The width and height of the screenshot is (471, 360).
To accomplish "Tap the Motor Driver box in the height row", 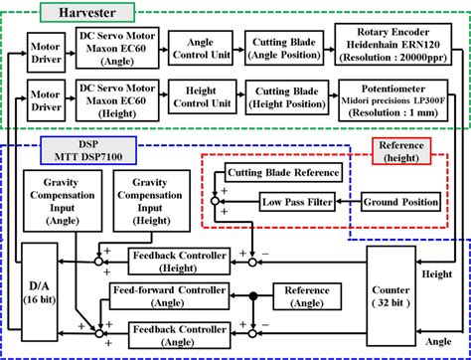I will click(x=43, y=103).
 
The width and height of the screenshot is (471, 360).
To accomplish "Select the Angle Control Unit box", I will click(x=201, y=46).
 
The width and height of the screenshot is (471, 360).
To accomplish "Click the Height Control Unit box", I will click(x=201, y=104).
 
